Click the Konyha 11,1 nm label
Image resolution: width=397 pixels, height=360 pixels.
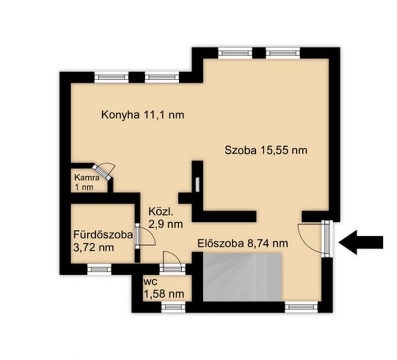tap(143, 115)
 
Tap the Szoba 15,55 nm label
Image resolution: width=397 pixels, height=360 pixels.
tap(266, 150)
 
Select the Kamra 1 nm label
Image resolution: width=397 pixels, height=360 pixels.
tap(87, 182)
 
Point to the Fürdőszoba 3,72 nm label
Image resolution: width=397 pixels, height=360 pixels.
tap(103, 241)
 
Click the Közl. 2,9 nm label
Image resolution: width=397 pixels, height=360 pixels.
tap(166, 218)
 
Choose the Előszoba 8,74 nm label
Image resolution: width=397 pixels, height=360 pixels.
tap(243, 243)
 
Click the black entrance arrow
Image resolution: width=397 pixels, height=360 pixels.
tap(361, 242)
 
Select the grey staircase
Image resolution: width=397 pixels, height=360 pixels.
tap(243, 277)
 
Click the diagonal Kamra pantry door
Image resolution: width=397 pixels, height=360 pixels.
tap(104, 172)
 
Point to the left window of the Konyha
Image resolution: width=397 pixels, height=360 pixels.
tap(112, 77)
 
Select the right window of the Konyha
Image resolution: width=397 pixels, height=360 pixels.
tap(162, 77)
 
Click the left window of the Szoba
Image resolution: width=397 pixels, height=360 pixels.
tap(235, 53)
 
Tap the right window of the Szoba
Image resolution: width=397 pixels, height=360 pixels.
tap(283, 53)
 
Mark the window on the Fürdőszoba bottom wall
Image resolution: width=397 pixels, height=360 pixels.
tap(99, 269)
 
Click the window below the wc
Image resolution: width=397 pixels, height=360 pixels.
tap(174, 307)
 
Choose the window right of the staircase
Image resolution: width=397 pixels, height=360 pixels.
tap(301, 307)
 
